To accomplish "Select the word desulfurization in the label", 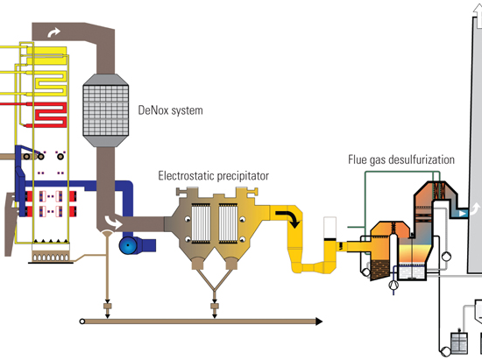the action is [422, 159].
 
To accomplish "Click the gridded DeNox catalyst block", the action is [105, 110].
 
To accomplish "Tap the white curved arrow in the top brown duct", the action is [53, 32].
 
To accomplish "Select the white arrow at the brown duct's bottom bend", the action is [113, 222].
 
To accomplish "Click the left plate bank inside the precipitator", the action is [201, 223].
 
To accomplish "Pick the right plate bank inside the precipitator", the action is [228, 223].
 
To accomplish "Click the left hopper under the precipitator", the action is [197, 262].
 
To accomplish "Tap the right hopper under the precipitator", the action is [231, 262].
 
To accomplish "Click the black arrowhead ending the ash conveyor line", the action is [319, 321].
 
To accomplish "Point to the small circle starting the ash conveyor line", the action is [82, 321].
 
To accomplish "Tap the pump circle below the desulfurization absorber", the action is [393, 285].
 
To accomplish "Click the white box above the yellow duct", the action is [330, 228].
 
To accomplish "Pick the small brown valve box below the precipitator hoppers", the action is [215, 307].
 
